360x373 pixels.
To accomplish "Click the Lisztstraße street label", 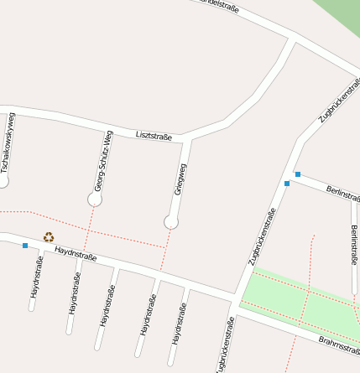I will pyautogui.click(x=154, y=135).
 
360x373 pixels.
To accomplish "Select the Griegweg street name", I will pyautogui.click(x=180, y=179).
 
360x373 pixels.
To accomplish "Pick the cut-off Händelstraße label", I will pyautogui.click(x=220, y=6).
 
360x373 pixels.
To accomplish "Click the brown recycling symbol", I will pyautogui.click(x=49, y=237).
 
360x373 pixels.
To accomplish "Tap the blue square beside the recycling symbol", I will pyautogui.click(x=25, y=246).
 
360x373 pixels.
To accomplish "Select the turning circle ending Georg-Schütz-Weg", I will pyautogui.click(x=95, y=199).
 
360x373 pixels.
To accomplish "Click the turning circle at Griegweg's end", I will pyautogui.click(x=171, y=221).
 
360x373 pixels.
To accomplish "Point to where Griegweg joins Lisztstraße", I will pyautogui.click(x=188, y=137).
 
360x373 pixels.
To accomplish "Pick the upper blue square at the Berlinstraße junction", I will pyautogui.click(x=297, y=174).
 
